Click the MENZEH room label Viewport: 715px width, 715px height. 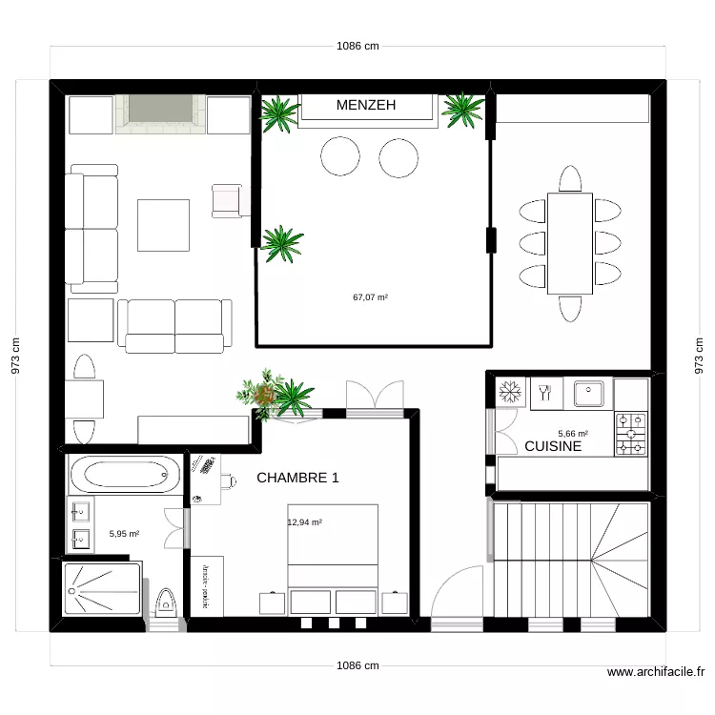click(366, 105)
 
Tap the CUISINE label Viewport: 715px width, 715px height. click(553, 446)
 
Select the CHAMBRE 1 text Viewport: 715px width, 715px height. click(297, 478)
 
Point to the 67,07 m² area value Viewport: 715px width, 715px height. click(370, 297)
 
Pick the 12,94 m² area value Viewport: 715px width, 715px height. click(304, 522)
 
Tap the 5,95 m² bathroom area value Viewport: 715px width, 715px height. click(124, 535)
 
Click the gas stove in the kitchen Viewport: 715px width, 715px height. click(630, 433)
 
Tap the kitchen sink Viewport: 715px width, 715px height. click(587, 391)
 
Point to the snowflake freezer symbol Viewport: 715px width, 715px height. click(508, 391)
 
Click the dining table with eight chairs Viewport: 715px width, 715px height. click(569, 243)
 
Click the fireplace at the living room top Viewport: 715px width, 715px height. click(160, 112)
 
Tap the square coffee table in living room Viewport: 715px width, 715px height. click(162, 224)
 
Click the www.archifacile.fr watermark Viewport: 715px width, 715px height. click(657, 673)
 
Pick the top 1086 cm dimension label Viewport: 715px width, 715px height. click(357, 46)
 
